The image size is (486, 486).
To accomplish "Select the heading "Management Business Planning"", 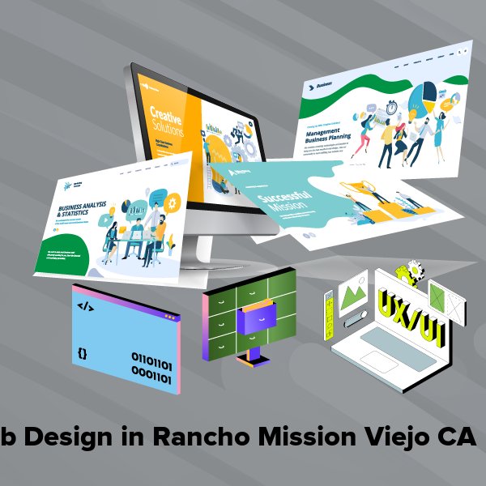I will pos(332,134).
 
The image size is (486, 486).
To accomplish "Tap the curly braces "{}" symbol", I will pos(83,353).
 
